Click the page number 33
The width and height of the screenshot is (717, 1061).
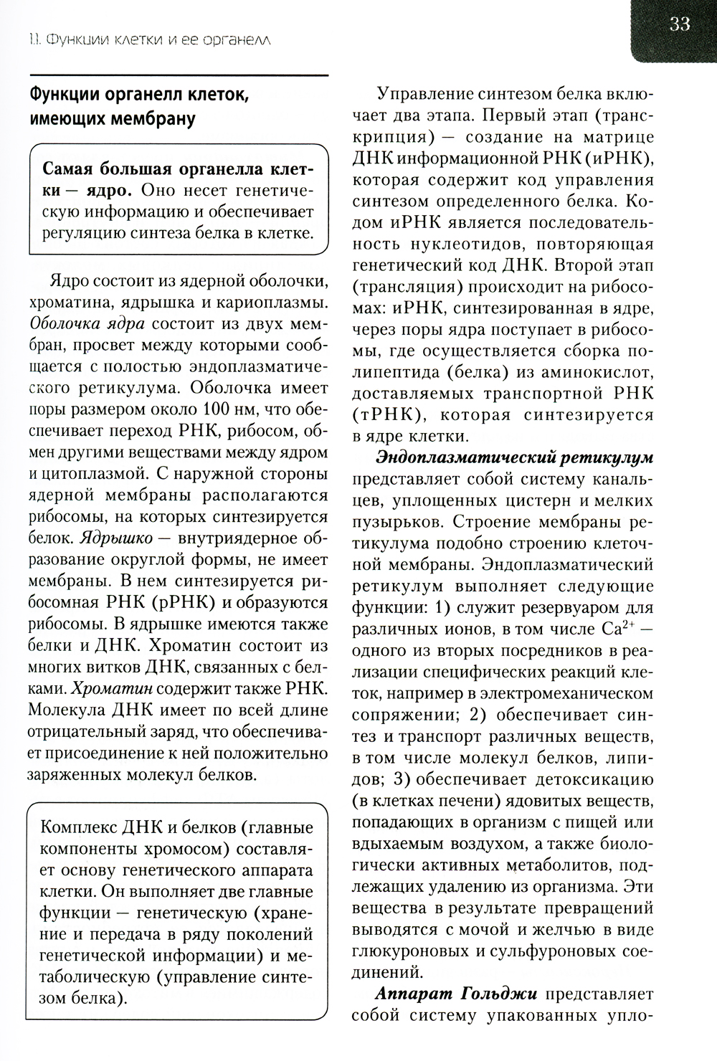click(x=679, y=24)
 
